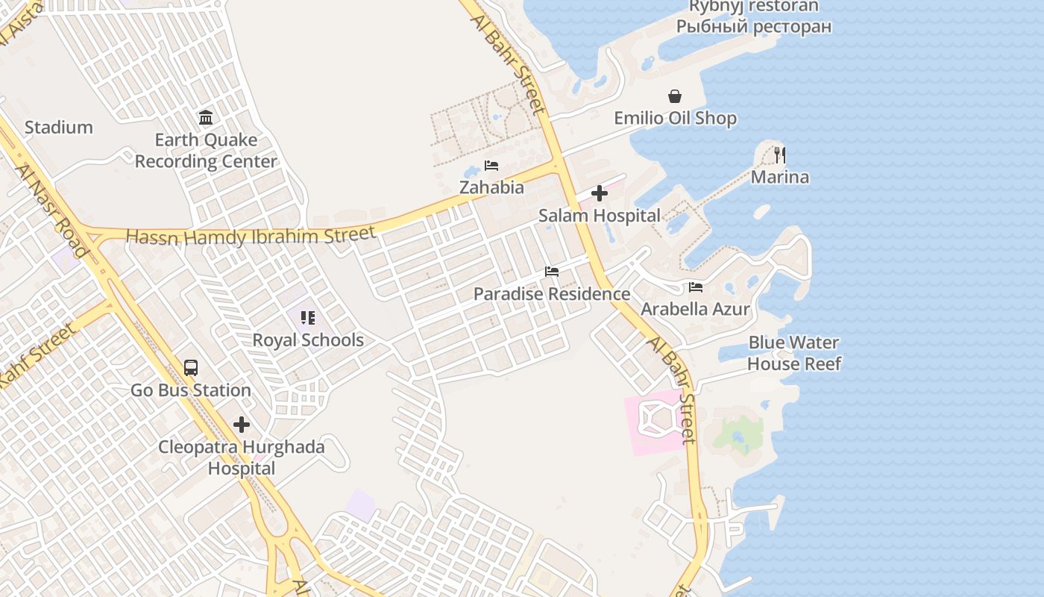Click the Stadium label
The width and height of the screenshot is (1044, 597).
pos(59,128)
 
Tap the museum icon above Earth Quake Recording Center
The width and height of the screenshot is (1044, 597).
pos(206,117)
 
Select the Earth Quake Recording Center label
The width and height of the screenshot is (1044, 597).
pos(206,151)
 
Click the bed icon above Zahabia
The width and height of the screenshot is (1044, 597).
pos(491,166)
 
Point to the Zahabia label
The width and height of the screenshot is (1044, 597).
pos(491,188)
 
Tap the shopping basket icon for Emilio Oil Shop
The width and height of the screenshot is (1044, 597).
pos(675,96)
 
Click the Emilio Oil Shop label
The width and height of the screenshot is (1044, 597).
pos(675,119)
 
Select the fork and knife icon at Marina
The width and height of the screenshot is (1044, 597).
pos(780,155)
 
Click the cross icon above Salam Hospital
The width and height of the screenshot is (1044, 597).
pos(599,194)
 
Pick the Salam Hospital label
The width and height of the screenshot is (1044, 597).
pos(600,216)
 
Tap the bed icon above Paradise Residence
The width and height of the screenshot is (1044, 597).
pos(552,272)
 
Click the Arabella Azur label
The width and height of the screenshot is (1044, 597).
pos(696,309)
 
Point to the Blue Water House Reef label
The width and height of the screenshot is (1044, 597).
pos(794,354)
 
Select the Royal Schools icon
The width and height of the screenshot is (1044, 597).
pos(308,318)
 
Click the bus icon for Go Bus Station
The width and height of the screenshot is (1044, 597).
pos(191,368)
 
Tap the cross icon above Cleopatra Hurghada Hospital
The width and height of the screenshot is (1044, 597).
pos(242,425)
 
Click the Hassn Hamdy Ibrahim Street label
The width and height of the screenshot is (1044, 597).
pos(251,237)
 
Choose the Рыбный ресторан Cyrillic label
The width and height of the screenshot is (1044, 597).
pos(754,27)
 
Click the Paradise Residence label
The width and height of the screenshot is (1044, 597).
pos(552,294)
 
